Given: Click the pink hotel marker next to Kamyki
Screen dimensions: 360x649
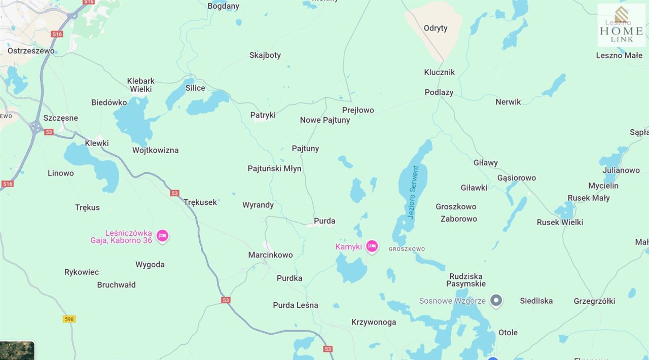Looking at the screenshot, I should tap(372, 246).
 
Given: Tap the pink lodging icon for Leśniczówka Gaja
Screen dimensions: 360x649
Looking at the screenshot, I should tap(162, 236).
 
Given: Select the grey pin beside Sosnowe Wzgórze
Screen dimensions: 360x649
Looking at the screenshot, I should tap(497, 301).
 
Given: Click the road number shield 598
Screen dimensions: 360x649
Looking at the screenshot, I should tap(69, 319).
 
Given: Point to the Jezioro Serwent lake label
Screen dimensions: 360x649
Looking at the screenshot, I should tap(413, 192).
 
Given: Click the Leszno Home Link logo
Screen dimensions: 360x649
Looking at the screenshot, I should tap(621, 25).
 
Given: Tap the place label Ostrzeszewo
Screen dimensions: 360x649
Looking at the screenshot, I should tap(31, 51).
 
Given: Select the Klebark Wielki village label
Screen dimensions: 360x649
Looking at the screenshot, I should tap(141, 85).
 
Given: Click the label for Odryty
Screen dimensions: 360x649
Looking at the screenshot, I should tap(436, 28).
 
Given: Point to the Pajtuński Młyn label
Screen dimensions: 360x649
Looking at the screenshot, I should tap(274, 168).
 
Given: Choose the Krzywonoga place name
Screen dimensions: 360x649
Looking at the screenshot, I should tap(374, 322).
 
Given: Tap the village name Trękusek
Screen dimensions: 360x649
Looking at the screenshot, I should tap(200, 202).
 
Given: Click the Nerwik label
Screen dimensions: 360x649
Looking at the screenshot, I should tap(508, 102).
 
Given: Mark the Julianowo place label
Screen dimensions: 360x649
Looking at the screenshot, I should tap(621, 170).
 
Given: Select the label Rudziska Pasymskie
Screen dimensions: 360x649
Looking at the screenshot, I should tap(465, 280).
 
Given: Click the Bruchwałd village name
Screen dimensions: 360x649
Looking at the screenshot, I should tap(116, 284).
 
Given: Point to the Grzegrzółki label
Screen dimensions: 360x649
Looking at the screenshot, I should tap(594, 301).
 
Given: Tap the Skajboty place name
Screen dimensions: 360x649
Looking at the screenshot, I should tap(265, 55).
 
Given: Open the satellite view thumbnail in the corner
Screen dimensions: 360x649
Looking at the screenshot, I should tap(17, 350).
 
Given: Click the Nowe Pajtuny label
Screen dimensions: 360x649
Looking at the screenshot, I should tap(325, 120).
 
